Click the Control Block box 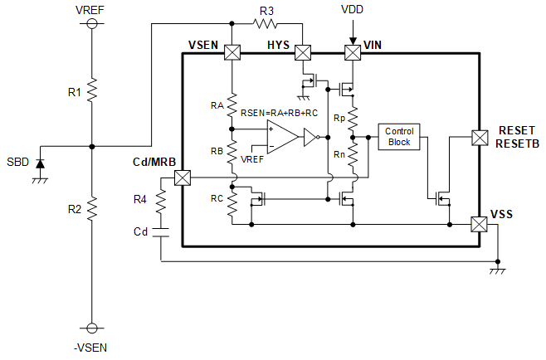pyautogui.click(x=399, y=137)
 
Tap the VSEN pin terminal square pyautogui.click(x=232, y=52)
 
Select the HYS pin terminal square pyautogui.click(x=303, y=52)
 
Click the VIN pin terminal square pyautogui.click(x=353, y=52)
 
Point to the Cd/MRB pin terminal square pyautogui.click(x=183, y=178)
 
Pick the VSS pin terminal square pyautogui.click(x=479, y=225)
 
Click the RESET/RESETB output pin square pyautogui.click(x=480, y=138)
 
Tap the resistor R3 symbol pyautogui.click(x=265, y=24)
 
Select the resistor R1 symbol pyautogui.click(x=92, y=90)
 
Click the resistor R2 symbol pyautogui.click(x=92, y=208)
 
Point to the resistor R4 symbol pyautogui.click(x=161, y=201)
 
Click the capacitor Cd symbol pyautogui.click(x=161, y=232)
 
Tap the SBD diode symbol pyautogui.click(x=41, y=163)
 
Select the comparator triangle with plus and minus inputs pyautogui.click(x=282, y=137)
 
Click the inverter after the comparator pyautogui.click(x=311, y=137)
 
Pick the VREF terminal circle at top pyautogui.click(x=92, y=24)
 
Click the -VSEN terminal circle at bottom pyautogui.click(x=92, y=328)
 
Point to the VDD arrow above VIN pyautogui.click(x=353, y=32)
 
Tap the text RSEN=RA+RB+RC pyautogui.click(x=280, y=113)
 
